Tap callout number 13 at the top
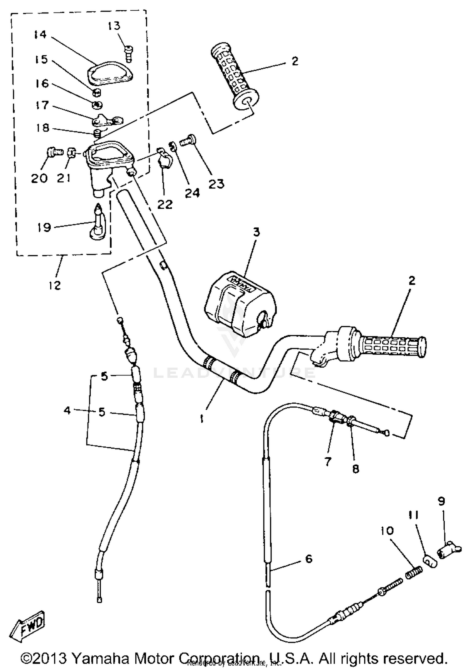pyautogui.click(x=114, y=26)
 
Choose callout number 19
pyautogui.click(x=44, y=227)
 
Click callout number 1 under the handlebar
pyautogui.click(x=202, y=419)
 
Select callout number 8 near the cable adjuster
pyautogui.click(x=356, y=469)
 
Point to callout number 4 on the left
pyautogui.click(x=67, y=410)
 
